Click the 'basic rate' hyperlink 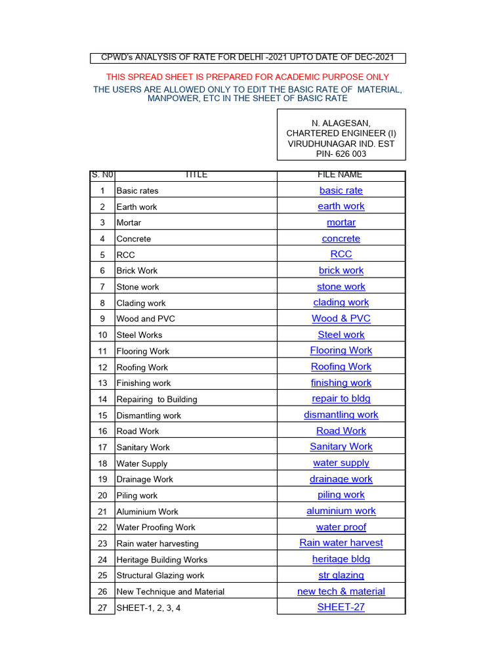click(x=341, y=190)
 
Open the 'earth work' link click(x=341, y=206)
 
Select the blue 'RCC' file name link click(x=341, y=254)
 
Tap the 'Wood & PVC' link click(x=341, y=318)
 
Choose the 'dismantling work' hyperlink click(x=341, y=415)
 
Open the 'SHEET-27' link click(x=341, y=607)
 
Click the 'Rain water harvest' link click(x=341, y=543)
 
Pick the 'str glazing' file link click(x=341, y=575)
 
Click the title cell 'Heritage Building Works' click(x=161, y=560)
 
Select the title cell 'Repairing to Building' click(x=156, y=399)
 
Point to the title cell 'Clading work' click(x=140, y=303)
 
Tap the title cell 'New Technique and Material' click(x=170, y=591)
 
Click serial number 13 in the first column click(x=102, y=383)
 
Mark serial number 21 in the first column click(x=102, y=511)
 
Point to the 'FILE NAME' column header click(x=341, y=175)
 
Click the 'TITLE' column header click(x=196, y=175)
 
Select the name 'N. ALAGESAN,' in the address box click(x=341, y=123)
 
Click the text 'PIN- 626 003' click(x=341, y=154)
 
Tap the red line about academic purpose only click(x=247, y=77)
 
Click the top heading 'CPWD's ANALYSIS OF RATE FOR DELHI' click(x=247, y=58)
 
